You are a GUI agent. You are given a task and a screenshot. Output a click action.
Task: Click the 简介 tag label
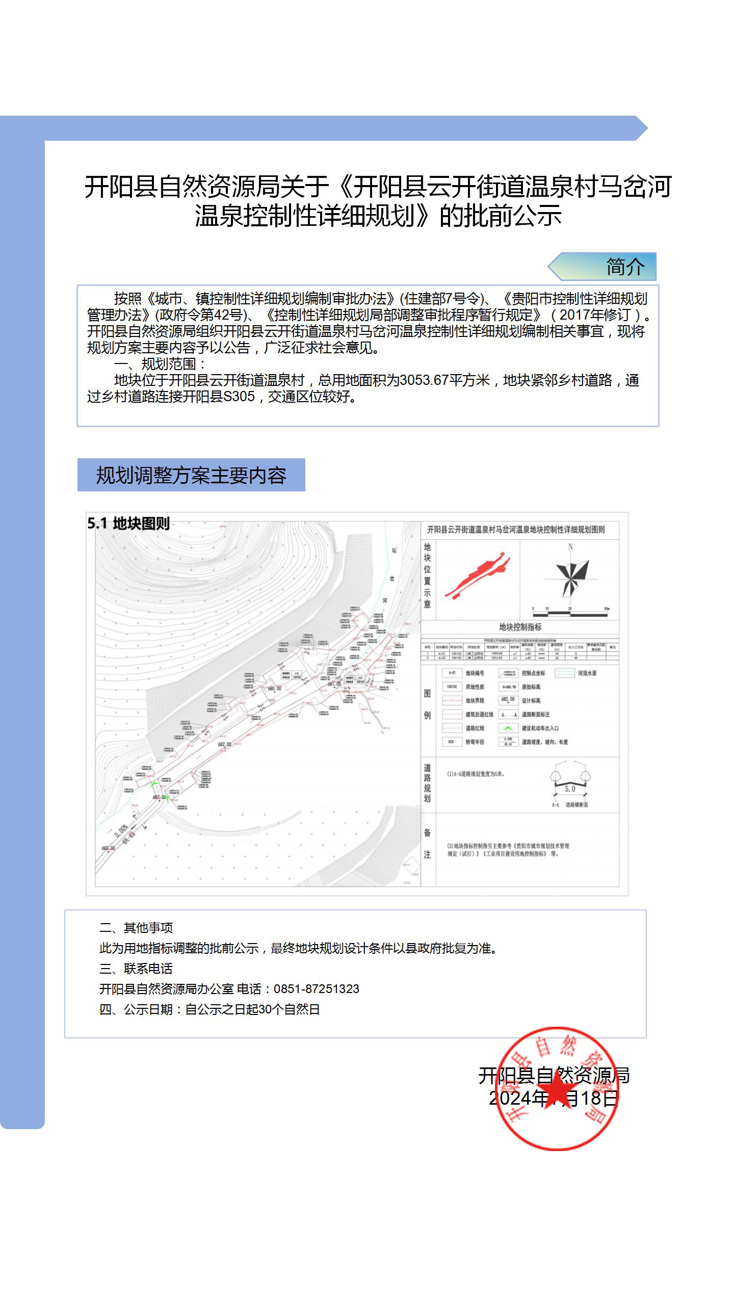625,267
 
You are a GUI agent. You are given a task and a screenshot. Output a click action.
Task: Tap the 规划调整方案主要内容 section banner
191,475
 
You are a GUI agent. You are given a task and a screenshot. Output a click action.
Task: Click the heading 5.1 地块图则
128,524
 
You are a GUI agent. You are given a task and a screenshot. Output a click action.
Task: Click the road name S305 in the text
239,397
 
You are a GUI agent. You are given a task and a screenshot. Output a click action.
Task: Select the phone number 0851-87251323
316,989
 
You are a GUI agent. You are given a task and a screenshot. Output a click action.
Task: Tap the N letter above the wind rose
570,546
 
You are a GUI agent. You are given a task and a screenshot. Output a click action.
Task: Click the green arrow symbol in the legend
508,728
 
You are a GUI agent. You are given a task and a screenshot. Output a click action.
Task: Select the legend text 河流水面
587,673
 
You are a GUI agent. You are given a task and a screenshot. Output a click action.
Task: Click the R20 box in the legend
451,742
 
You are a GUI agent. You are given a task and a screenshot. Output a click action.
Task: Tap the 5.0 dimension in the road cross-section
570,789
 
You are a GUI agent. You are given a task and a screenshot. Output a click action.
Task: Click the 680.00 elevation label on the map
274,689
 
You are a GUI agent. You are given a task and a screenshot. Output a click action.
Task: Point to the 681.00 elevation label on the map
334,684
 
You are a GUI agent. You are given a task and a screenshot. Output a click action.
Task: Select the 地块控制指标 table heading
520,627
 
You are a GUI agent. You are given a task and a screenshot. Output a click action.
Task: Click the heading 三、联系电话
136,969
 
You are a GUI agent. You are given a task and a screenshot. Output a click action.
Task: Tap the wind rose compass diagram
571,579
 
